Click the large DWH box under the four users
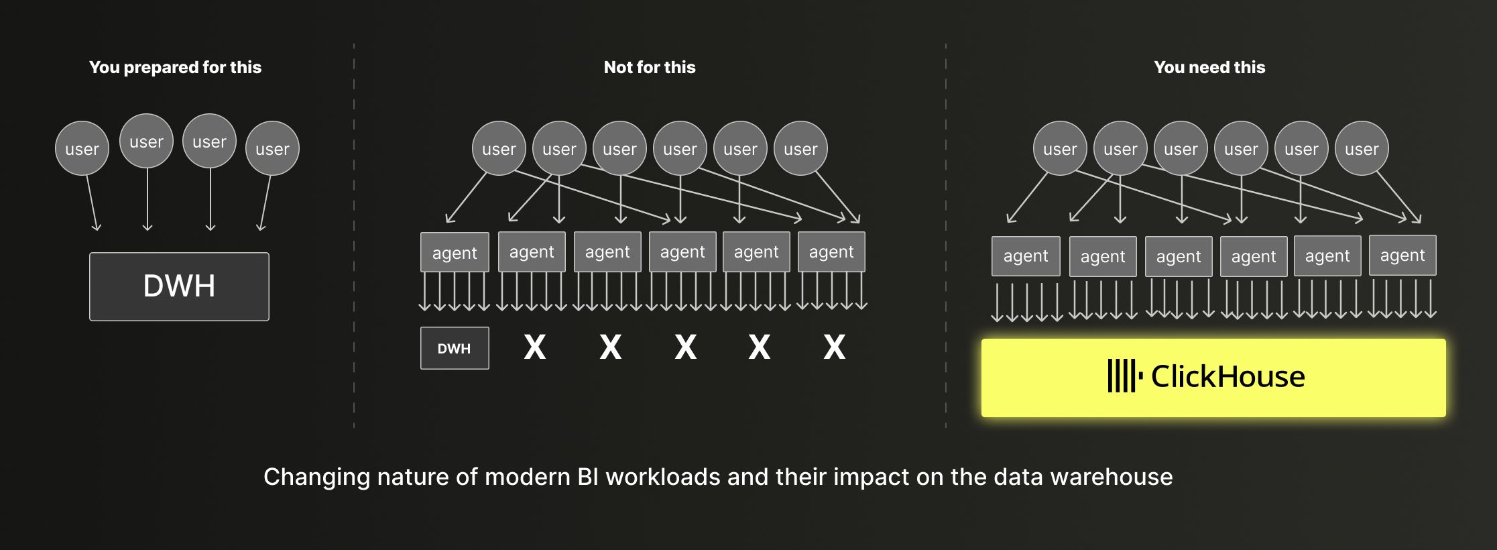[179, 286]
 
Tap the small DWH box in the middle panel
[455, 348]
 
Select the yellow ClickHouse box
[1213, 378]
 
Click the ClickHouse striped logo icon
[1124, 376]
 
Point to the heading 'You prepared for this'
[175, 67]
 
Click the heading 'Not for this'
[649, 67]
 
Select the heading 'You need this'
[1209, 67]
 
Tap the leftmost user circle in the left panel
[82, 148]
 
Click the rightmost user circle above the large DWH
[272, 148]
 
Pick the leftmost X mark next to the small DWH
[535, 347]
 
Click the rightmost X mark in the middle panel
[835, 347]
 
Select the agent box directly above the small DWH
[455, 252]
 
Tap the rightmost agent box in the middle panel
[831, 252]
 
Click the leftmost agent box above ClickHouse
[1026, 256]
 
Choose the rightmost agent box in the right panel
[1402, 255]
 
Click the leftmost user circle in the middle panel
[499, 148]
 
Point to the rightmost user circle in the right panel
[1362, 148]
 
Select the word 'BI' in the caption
[588, 477]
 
